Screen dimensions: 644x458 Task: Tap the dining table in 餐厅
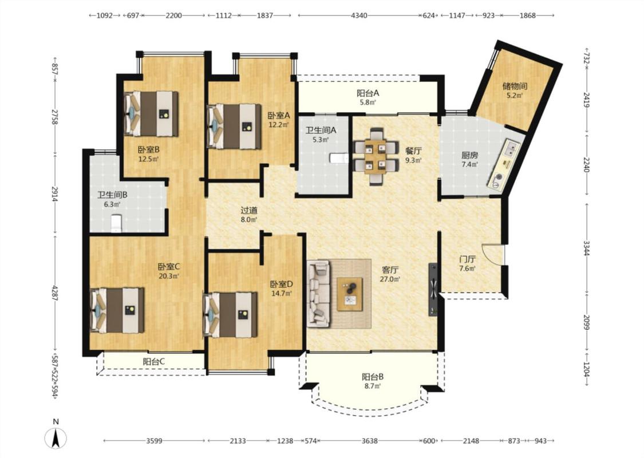pyautogui.click(x=376, y=156)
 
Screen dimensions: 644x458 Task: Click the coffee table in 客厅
pyautogui.click(x=350, y=294)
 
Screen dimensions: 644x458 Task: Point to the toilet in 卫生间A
pyautogui.click(x=339, y=158)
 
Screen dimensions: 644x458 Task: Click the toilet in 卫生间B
pyautogui.click(x=116, y=223)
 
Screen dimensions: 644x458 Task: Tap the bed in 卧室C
pyautogui.click(x=117, y=310)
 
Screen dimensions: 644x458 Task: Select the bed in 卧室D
pyautogui.click(x=231, y=315)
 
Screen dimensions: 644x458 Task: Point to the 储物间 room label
pyautogui.click(x=515, y=86)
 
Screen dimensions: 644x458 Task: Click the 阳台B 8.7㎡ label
pyautogui.click(x=373, y=381)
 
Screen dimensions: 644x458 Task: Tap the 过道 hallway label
pyautogui.click(x=249, y=210)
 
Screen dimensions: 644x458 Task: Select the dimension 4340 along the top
pyautogui.click(x=359, y=15)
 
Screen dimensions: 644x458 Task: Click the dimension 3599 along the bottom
pyautogui.click(x=154, y=441)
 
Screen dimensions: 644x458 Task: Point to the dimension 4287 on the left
pyautogui.click(x=55, y=291)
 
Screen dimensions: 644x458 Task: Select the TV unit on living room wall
pyautogui.click(x=433, y=290)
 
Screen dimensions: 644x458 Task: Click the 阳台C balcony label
pyautogui.click(x=154, y=362)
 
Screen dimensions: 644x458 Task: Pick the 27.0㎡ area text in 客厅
pyautogui.click(x=390, y=279)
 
